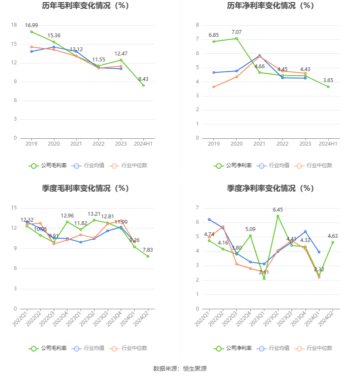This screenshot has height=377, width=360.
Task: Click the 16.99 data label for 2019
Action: click(31, 25)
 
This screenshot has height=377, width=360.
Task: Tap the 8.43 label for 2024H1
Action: click(143, 79)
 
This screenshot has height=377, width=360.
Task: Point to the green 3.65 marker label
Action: click(328, 80)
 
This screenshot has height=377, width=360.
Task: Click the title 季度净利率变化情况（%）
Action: click(270, 188)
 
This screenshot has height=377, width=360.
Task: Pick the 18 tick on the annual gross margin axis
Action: click(14, 25)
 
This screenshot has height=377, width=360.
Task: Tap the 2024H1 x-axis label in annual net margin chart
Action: click(328, 144)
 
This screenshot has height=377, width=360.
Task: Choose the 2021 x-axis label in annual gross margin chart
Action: click(76, 144)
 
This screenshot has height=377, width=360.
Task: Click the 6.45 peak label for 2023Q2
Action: click(278, 210)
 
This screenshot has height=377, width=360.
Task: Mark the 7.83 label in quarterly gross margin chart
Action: click(148, 250)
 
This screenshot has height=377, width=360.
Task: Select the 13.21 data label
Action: click(94, 214)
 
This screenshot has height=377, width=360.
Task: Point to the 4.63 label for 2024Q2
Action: click(332, 236)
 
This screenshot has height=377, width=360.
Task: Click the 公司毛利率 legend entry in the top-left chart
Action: click(48, 165)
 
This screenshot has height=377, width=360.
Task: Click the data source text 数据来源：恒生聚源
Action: click(180, 369)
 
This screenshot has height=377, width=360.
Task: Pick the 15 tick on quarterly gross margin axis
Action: click(14, 208)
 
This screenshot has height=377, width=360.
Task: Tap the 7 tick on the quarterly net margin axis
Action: click(197, 208)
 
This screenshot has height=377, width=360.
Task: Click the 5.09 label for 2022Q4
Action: click(251, 229)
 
